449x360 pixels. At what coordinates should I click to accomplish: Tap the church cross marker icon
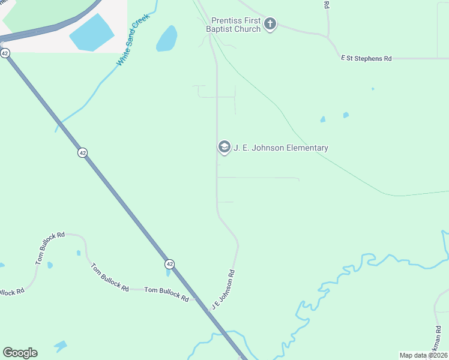click(270, 24)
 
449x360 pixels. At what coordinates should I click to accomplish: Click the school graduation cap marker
click(224, 147)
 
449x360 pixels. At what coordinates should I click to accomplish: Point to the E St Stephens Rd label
click(366, 58)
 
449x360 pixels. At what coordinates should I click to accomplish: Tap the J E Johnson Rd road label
click(223, 290)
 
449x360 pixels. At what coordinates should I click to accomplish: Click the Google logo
click(20, 353)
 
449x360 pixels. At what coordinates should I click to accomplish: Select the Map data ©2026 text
click(423, 355)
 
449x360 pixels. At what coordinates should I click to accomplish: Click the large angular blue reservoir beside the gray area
click(92, 32)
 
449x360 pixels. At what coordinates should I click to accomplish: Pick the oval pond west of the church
click(167, 39)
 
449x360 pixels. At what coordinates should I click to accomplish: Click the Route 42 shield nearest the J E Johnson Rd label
click(170, 264)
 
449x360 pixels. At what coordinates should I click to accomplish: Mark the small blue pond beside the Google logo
click(60, 346)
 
